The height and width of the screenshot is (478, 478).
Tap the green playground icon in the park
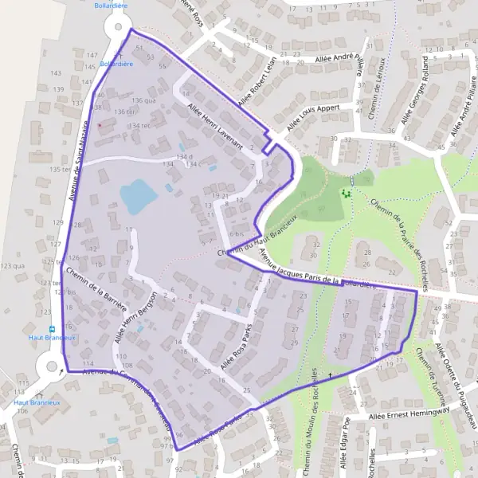(x=346, y=193)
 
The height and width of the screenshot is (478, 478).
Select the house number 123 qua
(x=13, y=265)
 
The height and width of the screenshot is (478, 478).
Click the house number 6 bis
(x=237, y=233)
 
